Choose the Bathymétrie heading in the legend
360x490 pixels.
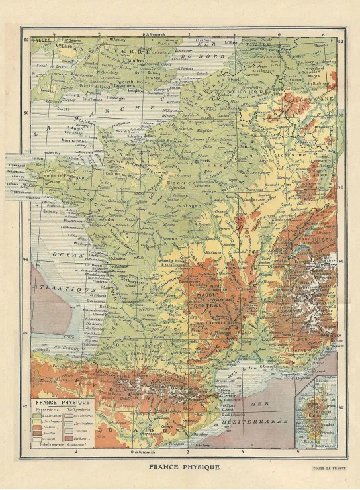point(78,409)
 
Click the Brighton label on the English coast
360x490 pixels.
point(138,87)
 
